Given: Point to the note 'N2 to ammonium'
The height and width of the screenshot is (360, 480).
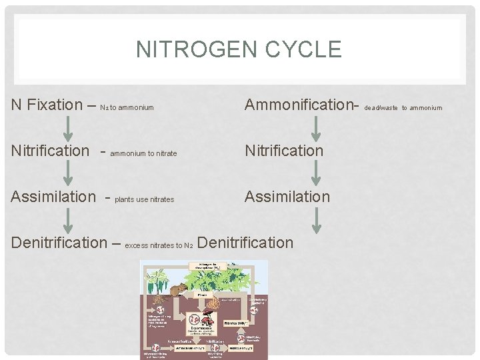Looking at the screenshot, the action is click(x=127, y=107).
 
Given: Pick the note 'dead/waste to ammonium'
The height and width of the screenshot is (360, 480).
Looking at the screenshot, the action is click(x=403, y=107).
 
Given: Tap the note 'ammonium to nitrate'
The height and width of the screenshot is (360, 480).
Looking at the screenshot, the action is click(x=143, y=153).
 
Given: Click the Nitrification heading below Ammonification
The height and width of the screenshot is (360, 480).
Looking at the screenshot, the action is click(x=284, y=151).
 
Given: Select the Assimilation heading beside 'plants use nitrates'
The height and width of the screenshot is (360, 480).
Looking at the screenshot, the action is click(x=54, y=197).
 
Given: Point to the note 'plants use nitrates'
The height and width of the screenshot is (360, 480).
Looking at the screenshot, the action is click(x=145, y=199).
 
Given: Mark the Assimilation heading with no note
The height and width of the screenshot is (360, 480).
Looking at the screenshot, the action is click(x=287, y=197).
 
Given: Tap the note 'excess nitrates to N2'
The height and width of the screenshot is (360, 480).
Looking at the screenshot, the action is click(x=159, y=245).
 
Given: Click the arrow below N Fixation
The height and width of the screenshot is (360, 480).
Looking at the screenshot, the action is click(x=67, y=127).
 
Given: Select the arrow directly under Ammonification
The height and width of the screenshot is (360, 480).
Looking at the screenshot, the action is click(x=317, y=127).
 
